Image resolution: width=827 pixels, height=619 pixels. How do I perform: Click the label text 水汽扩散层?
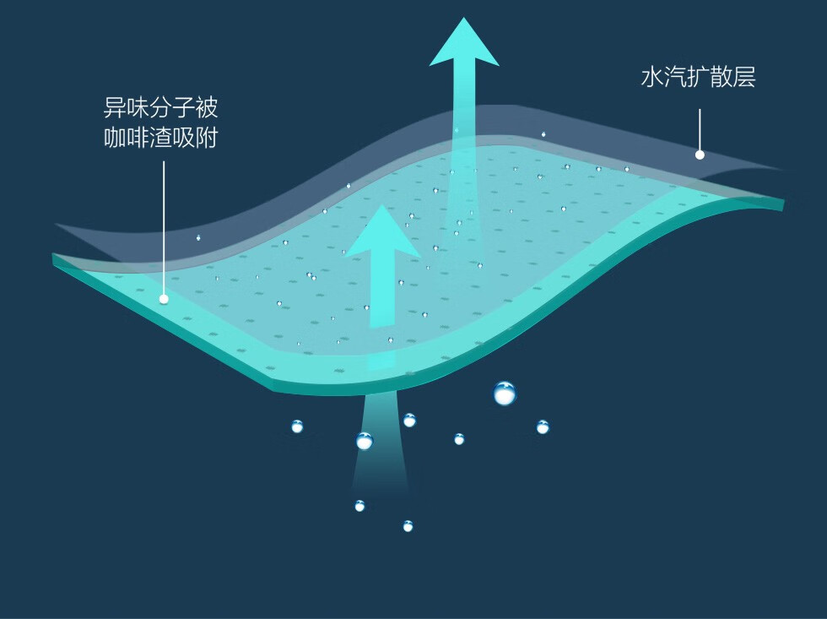[698, 79]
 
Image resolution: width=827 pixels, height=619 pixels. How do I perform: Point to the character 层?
[744, 79]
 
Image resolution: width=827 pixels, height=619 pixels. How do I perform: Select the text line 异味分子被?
[160, 108]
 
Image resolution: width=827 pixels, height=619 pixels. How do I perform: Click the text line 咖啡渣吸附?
[160, 137]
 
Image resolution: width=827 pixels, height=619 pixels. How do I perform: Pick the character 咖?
[115, 137]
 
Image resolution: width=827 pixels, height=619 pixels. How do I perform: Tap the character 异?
[115, 108]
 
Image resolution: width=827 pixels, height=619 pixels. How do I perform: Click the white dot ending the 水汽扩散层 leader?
[700, 155]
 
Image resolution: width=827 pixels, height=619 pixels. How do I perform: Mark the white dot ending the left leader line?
[164, 299]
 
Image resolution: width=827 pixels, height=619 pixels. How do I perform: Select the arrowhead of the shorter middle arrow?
[382, 232]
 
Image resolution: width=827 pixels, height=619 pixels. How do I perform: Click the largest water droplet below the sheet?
[504, 393]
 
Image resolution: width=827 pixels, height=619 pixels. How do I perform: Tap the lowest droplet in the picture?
[408, 526]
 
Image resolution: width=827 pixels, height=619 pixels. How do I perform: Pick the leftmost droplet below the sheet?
[297, 426]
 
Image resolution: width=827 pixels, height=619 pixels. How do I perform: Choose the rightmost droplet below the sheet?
[543, 426]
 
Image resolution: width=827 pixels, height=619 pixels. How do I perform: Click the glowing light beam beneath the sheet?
[380, 448]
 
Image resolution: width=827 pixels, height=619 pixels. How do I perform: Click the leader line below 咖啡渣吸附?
[164, 228]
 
